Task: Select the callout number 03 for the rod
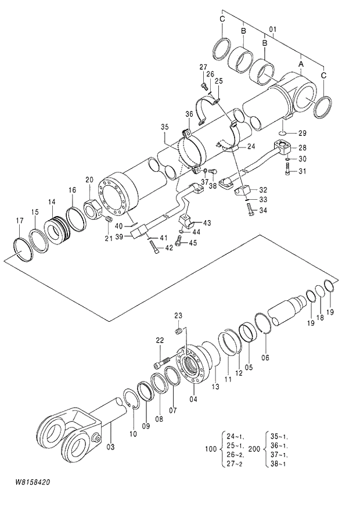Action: click(110, 447)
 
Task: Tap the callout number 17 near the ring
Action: click(20, 220)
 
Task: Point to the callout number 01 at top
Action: click(272, 29)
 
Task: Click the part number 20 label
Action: click(89, 179)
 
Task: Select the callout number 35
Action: click(164, 127)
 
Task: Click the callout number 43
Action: click(206, 223)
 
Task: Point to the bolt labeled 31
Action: click(289, 170)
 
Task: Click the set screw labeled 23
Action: click(179, 330)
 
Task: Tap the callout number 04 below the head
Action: click(193, 400)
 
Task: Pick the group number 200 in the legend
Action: click(254, 449)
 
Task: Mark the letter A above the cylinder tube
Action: click(301, 60)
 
